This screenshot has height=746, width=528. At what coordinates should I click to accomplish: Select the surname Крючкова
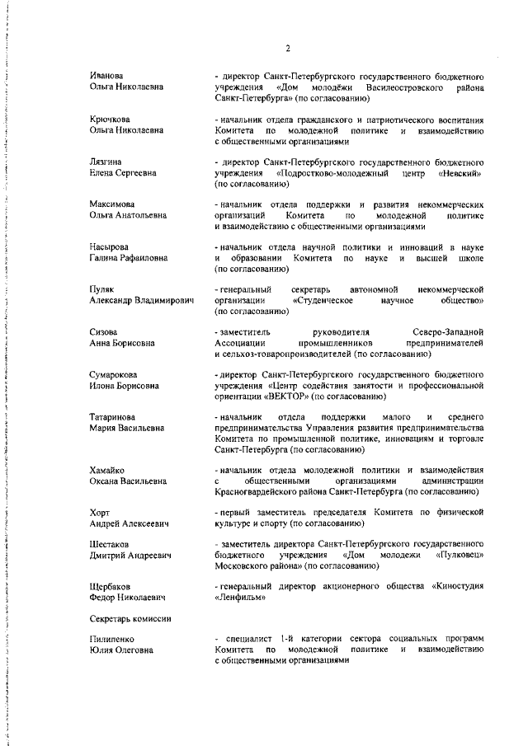click(x=109, y=120)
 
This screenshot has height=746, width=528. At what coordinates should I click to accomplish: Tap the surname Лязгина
click(x=106, y=162)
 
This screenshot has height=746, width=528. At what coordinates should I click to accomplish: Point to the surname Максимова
click(x=111, y=204)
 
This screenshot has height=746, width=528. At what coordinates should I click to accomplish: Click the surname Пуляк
click(x=102, y=290)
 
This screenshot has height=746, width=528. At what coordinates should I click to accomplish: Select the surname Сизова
click(x=103, y=332)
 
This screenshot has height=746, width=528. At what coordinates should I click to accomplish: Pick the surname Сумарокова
click(x=113, y=375)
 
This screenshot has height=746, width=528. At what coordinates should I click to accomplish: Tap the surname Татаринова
click(x=112, y=418)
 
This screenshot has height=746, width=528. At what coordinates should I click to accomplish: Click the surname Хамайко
click(x=107, y=470)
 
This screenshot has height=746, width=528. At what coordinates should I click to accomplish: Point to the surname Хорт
click(x=99, y=513)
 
